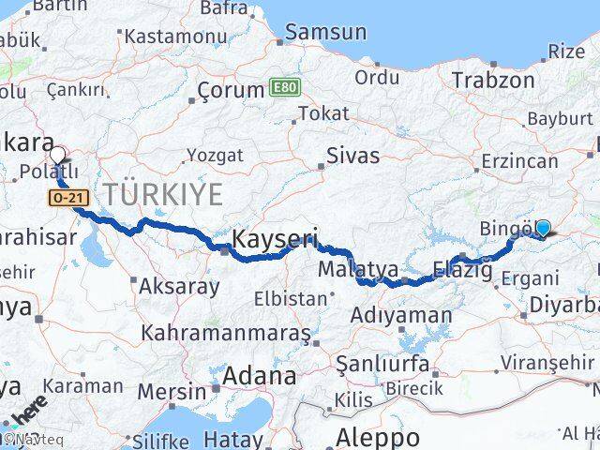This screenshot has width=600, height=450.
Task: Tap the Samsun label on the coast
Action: [325, 32]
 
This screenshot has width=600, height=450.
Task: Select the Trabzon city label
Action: [492, 80]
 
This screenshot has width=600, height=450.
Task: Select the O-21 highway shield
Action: [64, 199]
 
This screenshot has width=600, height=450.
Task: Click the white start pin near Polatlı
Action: [58, 155]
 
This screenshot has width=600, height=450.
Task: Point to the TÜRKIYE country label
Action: [163, 195]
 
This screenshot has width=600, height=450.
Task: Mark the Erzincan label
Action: [518, 161]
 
